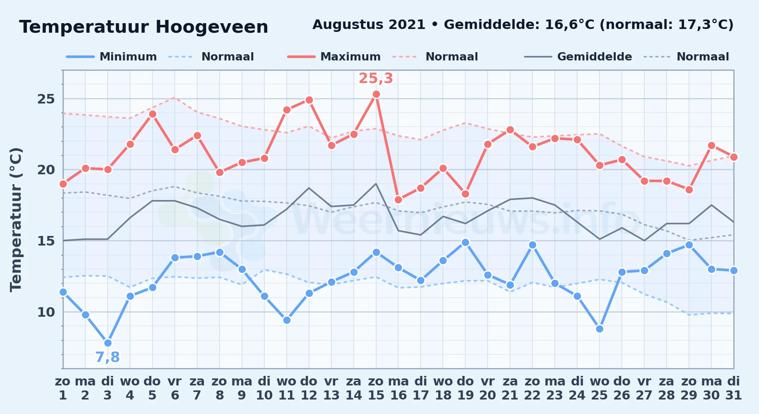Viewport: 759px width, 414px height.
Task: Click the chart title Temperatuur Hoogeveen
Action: [144, 27]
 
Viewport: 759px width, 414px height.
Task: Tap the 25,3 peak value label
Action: [376, 78]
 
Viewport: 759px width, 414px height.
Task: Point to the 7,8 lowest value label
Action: [108, 357]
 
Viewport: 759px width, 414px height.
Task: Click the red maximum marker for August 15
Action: [376, 94]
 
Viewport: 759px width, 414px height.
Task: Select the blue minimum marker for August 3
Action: [108, 343]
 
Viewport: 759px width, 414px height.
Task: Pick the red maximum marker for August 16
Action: [399, 200]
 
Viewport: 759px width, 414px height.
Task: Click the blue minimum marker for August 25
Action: [599, 329]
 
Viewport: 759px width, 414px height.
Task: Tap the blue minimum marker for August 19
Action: [465, 242]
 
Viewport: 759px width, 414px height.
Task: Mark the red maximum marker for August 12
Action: [309, 100]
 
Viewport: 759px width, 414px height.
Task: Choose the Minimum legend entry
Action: [111, 57]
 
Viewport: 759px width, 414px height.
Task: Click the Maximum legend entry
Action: [334, 57]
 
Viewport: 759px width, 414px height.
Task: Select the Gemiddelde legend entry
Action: [578, 57]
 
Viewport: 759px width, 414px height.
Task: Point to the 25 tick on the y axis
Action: [46, 99]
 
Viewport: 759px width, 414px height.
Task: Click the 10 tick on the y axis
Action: [46, 312]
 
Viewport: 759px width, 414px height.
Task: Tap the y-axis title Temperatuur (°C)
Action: [16, 219]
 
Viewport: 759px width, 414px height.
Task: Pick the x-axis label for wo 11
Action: [287, 388]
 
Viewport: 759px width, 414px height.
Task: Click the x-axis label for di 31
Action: [734, 388]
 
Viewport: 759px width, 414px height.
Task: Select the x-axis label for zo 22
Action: [532, 388]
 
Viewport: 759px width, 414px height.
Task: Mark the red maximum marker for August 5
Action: [152, 114]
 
